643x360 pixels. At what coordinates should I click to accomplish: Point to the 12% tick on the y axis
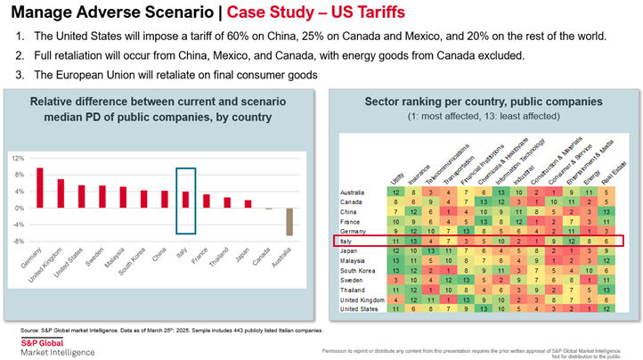pos(18,158)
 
